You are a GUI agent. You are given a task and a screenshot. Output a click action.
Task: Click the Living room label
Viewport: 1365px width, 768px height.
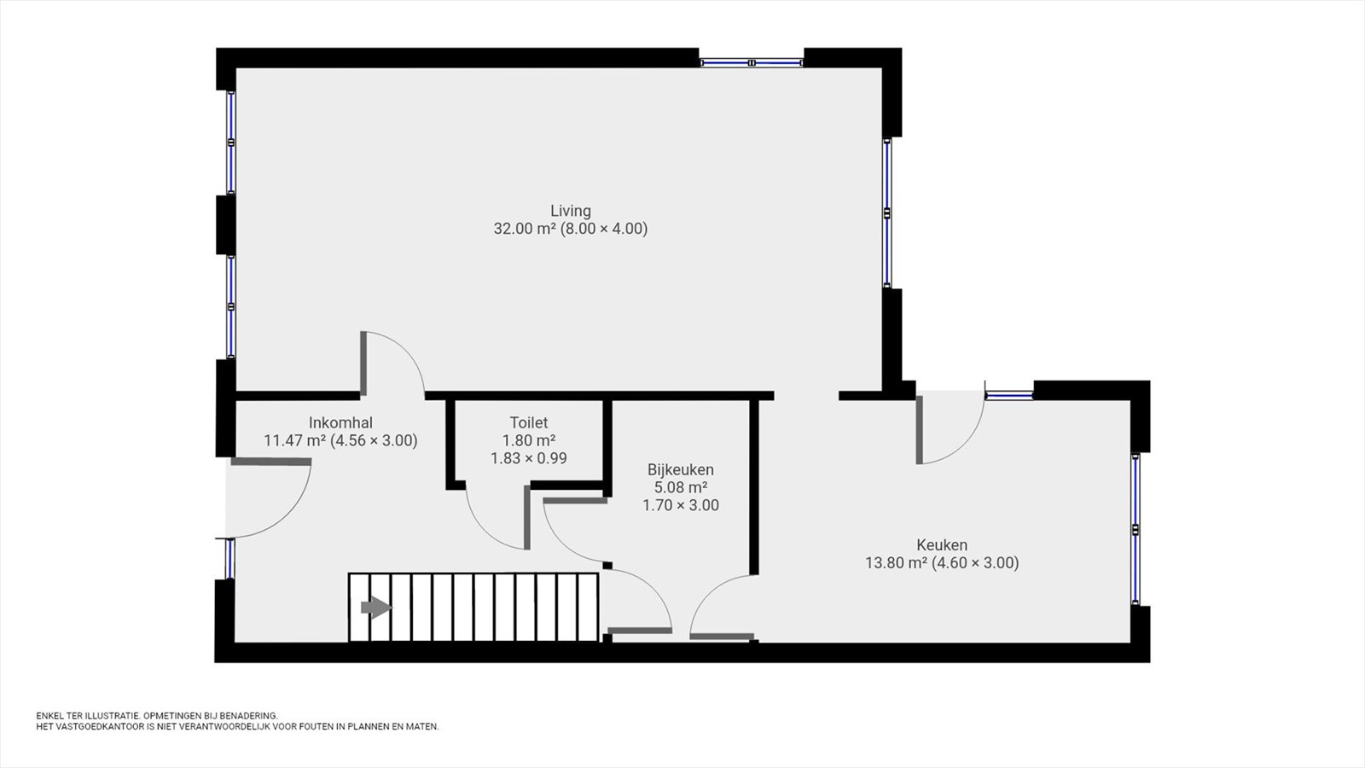tap(571, 211)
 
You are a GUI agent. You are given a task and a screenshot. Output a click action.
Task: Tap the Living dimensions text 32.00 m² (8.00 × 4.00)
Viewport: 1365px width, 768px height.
tap(571, 230)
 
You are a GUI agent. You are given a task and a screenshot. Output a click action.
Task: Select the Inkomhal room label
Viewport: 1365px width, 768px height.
tap(340, 422)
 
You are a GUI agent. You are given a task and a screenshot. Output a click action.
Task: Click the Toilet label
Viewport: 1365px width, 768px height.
tap(529, 422)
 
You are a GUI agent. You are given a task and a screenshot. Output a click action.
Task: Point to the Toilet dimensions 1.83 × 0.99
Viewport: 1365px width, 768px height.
tap(529, 458)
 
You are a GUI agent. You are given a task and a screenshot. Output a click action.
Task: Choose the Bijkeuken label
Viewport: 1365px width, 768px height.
tap(681, 470)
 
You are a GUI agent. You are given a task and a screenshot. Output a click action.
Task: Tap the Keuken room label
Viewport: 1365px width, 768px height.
tap(942, 544)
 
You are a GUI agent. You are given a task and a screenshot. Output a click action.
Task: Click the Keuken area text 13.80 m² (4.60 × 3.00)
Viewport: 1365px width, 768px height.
tap(942, 562)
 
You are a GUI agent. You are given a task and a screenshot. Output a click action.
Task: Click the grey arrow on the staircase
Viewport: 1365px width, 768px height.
tap(376, 608)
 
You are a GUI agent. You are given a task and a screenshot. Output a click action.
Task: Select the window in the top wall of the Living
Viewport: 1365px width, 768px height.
tap(752, 62)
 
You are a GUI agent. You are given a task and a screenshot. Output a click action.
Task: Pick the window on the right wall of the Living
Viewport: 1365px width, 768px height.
tap(887, 212)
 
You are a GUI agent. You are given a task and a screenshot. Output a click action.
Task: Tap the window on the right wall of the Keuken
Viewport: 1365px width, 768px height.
tap(1136, 529)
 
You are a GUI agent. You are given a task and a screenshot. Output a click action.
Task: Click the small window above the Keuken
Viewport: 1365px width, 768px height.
tap(1010, 395)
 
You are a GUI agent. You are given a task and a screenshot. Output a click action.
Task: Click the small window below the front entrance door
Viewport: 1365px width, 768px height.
tap(229, 558)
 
